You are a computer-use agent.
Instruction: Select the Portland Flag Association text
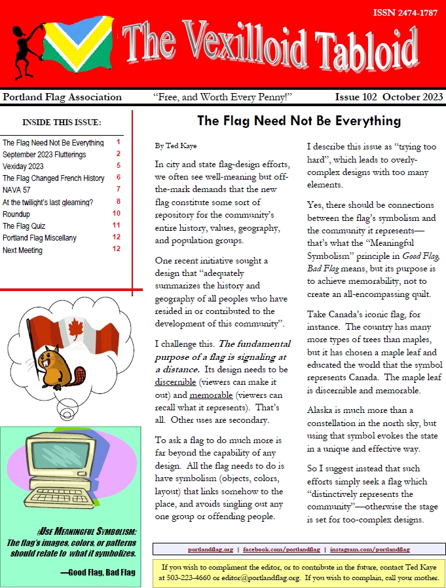point(62,97)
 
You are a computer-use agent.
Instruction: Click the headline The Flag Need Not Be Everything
point(299,121)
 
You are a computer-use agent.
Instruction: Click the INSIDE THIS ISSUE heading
point(62,122)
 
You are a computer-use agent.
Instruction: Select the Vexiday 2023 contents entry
point(23,167)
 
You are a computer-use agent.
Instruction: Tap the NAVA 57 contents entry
point(17,189)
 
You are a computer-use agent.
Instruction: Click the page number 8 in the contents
point(119,201)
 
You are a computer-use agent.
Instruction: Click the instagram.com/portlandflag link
point(370,549)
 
